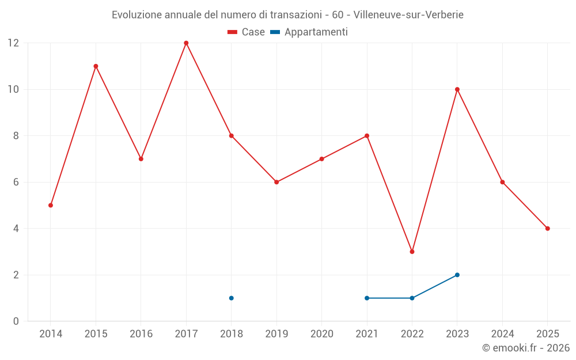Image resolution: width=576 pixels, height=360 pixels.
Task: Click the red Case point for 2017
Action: pyautogui.click(x=186, y=43)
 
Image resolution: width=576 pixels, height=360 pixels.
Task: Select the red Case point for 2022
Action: pyautogui.click(x=412, y=252)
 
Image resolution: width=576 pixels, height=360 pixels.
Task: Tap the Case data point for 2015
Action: pyautogui.click(x=96, y=66)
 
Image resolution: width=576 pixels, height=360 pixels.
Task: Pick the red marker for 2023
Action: pyautogui.click(x=457, y=89)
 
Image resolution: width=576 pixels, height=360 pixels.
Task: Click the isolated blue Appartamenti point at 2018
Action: pyautogui.click(x=231, y=298)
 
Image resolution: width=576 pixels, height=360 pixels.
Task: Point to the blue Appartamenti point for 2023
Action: pyautogui.click(x=457, y=275)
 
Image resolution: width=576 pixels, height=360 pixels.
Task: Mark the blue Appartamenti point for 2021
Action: pyautogui.click(x=367, y=298)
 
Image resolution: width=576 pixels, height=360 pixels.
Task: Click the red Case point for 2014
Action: pyautogui.click(x=51, y=205)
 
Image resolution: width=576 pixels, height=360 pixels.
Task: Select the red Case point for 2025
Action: pyautogui.click(x=547, y=228)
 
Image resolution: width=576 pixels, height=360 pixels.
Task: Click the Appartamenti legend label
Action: pyautogui.click(x=316, y=32)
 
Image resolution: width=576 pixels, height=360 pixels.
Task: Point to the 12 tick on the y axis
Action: pyautogui.click(x=13, y=43)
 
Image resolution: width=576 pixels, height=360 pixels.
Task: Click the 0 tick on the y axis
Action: pyautogui.click(x=16, y=321)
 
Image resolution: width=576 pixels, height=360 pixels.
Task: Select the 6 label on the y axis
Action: pyautogui.click(x=16, y=182)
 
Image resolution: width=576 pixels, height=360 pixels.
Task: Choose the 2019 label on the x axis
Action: pyautogui.click(x=276, y=334)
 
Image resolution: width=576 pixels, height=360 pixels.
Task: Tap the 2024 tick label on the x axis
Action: pyautogui.click(x=502, y=334)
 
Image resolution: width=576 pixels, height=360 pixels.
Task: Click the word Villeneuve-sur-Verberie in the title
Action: pyautogui.click(x=408, y=14)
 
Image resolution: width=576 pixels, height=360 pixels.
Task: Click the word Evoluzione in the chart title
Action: pyautogui.click(x=136, y=14)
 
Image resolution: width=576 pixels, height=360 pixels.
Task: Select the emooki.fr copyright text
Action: pyautogui.click(x=525, y=348)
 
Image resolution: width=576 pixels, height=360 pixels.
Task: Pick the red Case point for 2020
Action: pyautogui.click(x=321, y=159)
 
